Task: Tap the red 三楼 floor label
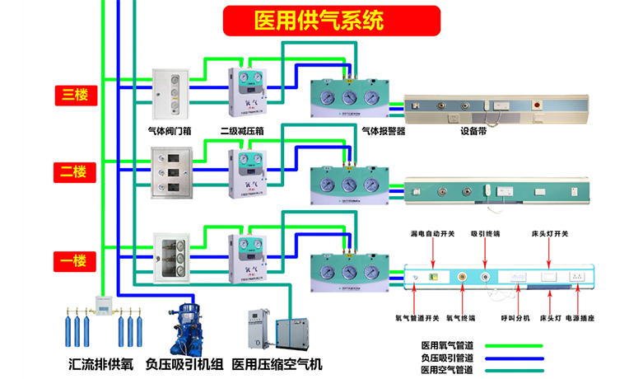(76, 95)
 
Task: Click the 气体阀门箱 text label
(169, 130)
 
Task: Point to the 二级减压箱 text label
(242, 130)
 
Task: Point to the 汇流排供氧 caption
(100, 363)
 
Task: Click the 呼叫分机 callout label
(511, 317)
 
